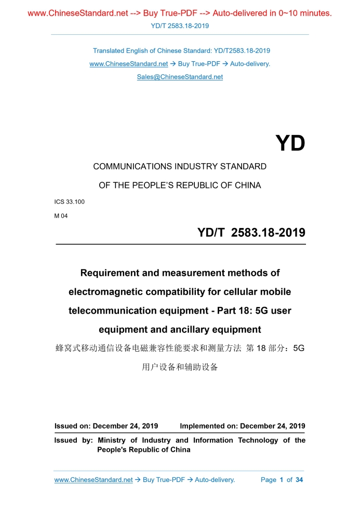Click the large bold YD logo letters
(290, 143)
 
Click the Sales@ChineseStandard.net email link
(180, 77)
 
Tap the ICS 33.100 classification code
(70, 201)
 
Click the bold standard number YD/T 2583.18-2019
(251, 233)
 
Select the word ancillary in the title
(174, 329)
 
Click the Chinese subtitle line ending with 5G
(180, 348)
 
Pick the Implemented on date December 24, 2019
(272, 426)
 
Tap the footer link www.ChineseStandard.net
(94, 480)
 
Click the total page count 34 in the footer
(299, 480)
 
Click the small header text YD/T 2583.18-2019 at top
(180, 25)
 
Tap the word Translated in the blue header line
(109, 51)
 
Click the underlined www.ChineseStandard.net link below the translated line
(128, 64)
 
